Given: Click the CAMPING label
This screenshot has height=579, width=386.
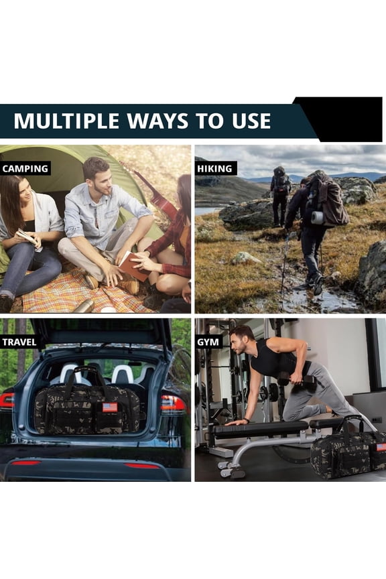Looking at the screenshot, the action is pos(25,169).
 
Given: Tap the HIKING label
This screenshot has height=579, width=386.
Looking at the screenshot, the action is pos(215,169).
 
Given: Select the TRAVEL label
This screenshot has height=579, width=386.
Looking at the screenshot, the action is pos(19,342).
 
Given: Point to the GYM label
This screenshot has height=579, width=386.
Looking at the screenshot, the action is pos(208,342).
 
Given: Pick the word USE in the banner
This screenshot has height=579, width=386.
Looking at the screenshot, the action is pos(251,121).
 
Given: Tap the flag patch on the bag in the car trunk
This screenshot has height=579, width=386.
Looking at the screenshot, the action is pos(110,407).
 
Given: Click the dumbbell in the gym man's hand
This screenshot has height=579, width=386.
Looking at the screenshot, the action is pos(297,379).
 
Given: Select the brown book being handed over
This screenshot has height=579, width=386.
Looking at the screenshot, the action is pos(133,266).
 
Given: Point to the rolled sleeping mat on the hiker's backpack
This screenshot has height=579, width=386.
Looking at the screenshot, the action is pos(317,218).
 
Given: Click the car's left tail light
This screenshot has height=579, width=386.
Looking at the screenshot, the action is pos(7,400).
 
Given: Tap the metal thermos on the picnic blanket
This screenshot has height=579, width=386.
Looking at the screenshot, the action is pos(83,306).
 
